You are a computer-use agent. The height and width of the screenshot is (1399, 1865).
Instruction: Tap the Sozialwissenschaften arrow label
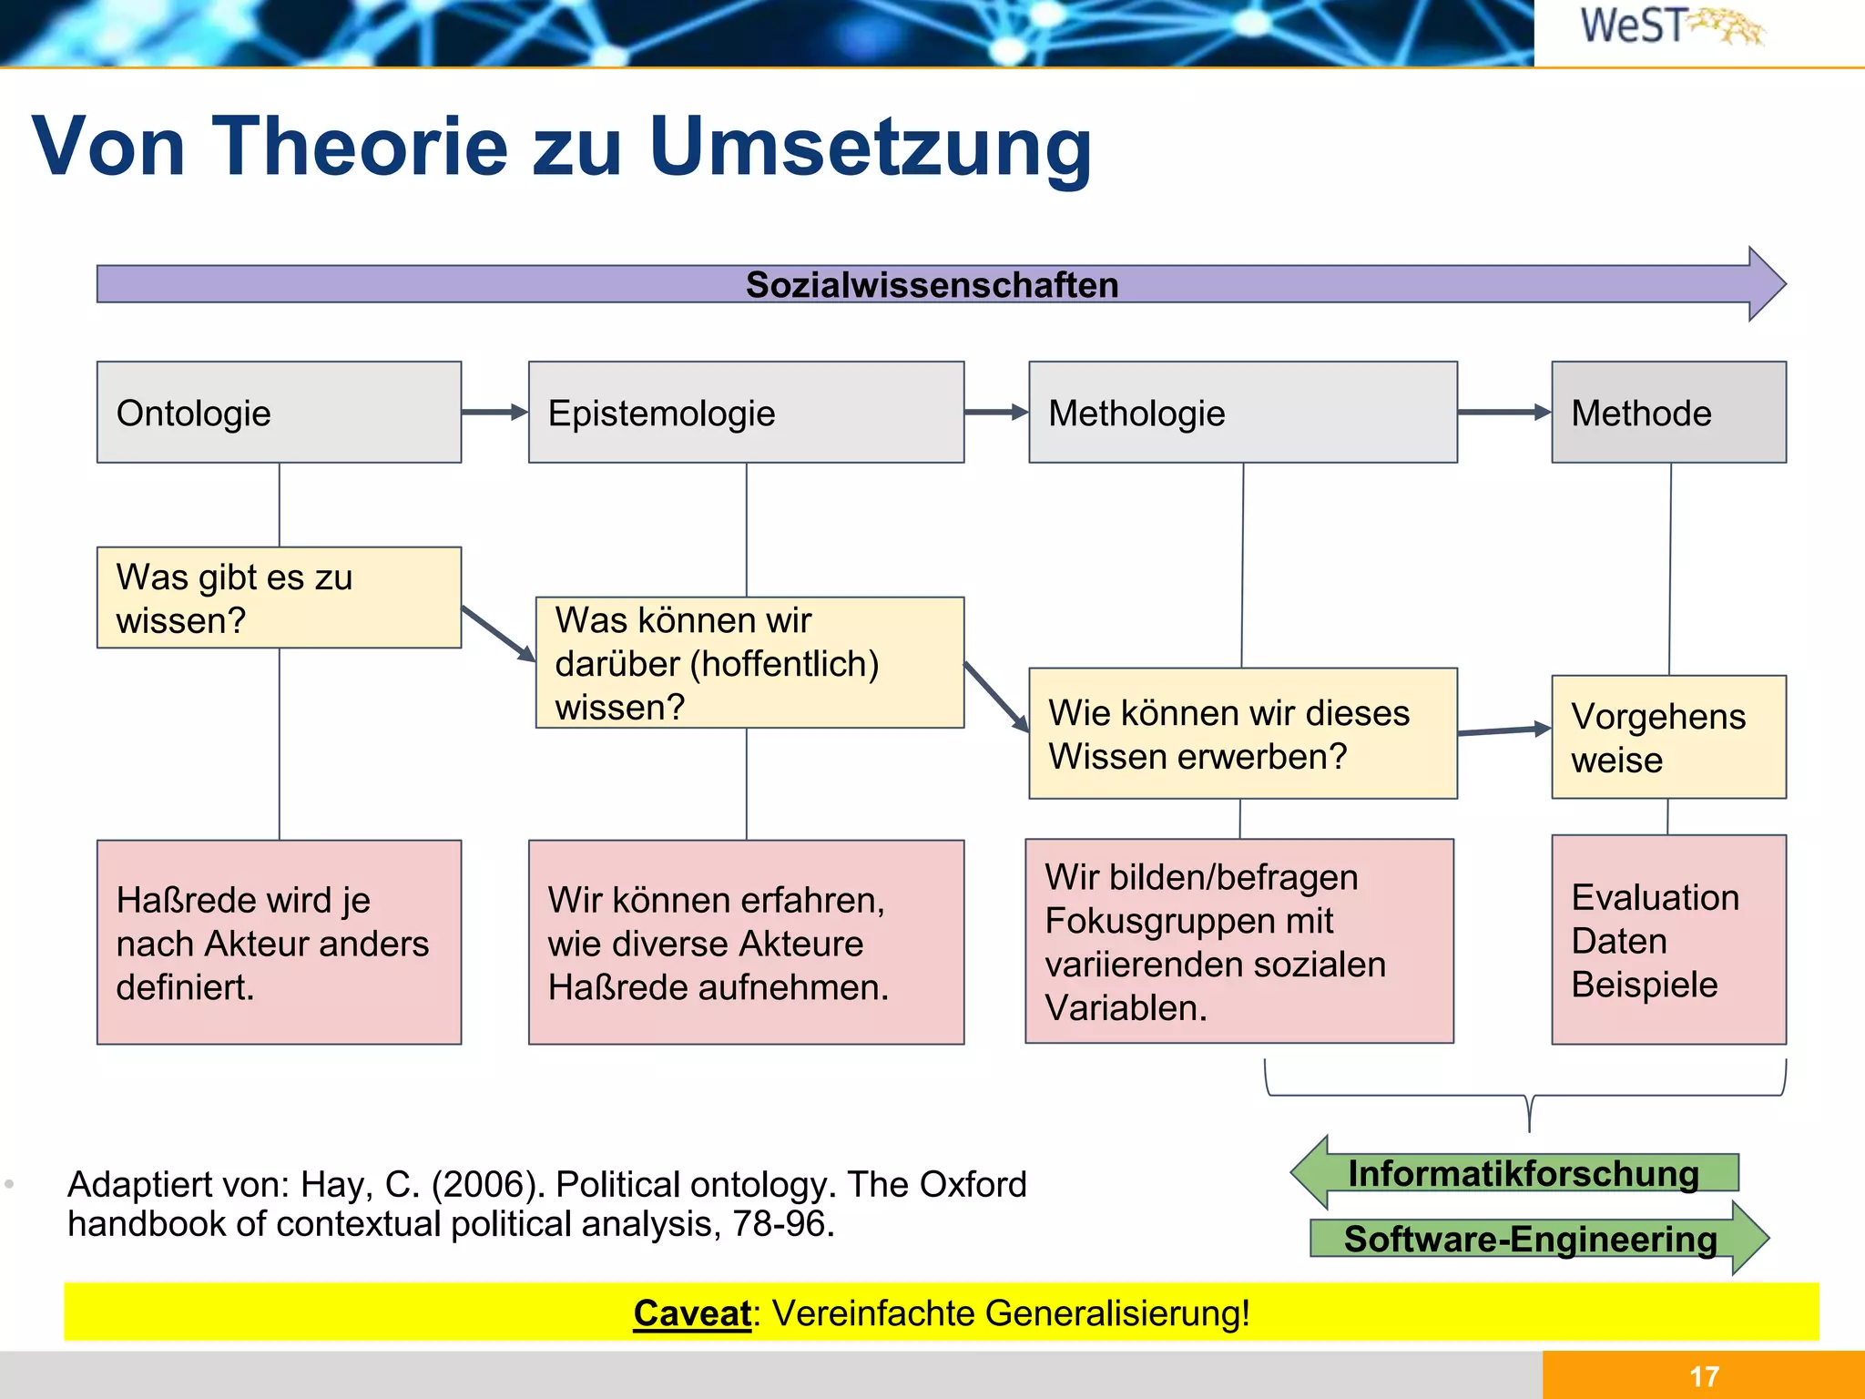click(932, 285)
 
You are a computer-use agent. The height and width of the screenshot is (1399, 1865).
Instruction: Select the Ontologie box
click(279, 413)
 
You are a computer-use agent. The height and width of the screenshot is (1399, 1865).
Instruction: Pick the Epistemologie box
click(746, 413)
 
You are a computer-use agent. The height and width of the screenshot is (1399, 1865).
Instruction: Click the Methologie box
click(1242, 413)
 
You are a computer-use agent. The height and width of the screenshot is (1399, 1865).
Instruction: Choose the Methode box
click(1668, 413)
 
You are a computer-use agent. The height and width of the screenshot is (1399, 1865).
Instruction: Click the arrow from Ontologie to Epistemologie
click(494, 413)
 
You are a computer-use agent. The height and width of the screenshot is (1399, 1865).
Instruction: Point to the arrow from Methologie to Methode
click(1503, 413)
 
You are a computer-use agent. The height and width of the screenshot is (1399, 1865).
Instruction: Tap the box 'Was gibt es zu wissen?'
click(279, 597)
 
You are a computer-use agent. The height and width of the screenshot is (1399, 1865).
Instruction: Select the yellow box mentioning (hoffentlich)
click(749, 663)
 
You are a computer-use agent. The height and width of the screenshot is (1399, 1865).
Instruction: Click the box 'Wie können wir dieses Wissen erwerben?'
click(1242, 734)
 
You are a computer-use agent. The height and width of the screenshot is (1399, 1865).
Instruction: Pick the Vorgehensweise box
click(1668, 737)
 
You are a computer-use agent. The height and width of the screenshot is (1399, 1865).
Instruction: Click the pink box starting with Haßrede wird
click(279, 943)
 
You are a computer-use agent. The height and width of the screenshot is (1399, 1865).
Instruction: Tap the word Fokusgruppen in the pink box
click(1188, 921)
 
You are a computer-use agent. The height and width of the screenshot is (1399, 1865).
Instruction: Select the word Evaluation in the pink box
click(1655, 898)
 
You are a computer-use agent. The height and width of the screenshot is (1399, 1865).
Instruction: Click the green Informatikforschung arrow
click(1523, 1173)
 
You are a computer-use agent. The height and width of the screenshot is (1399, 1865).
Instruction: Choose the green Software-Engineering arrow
click(1530, 1239)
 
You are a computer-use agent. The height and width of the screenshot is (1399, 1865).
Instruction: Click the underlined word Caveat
click(691, 1313)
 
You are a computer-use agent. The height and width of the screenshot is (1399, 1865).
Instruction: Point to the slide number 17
click(1704, 1376)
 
